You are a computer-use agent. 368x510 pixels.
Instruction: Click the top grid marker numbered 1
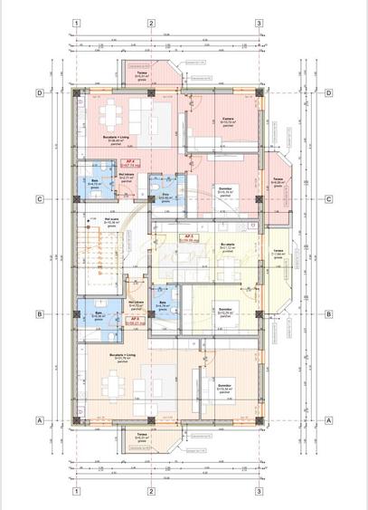click(x=79, y=24)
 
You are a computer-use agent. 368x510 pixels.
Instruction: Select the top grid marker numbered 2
click(x=151, y=24)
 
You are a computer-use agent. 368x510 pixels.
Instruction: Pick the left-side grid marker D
click(x=40, y=92)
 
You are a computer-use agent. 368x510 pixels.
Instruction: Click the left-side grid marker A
click(x=40, y=420)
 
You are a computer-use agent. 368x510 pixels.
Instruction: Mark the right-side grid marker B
click(x=329, y=314)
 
